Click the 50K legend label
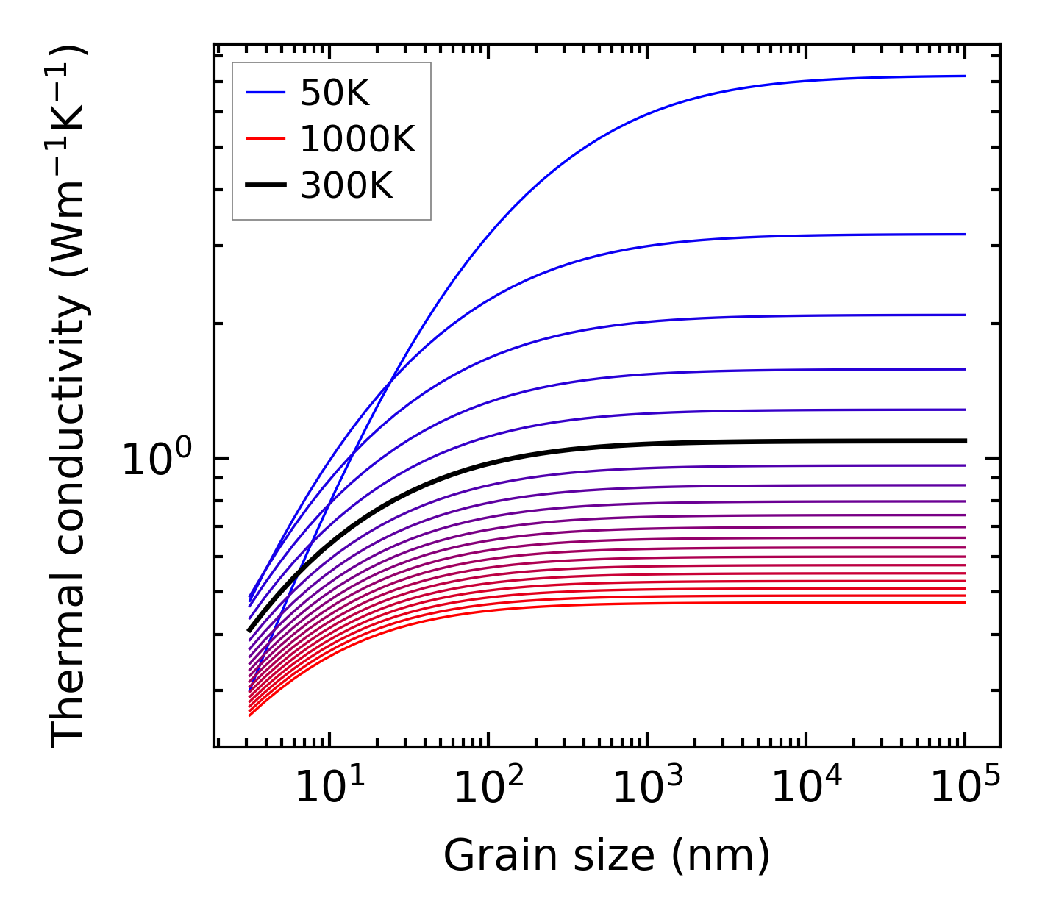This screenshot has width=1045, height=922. tap(335, 93)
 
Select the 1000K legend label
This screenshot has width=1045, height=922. tap(357, 139)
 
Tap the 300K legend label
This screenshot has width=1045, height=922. tap(346, 186)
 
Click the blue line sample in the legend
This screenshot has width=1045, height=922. tap(265, 93)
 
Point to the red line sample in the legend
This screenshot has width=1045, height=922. tap(265, 139)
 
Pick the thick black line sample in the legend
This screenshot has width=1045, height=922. tap(265, 186)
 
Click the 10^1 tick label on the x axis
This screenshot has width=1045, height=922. tap(329, 788)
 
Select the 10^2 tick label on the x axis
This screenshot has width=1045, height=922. tap(489, 788)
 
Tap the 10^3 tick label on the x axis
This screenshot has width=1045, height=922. tap(648, 788)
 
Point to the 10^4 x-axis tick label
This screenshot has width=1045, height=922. tap(807, 788)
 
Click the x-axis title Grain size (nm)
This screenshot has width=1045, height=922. tap(607, 856)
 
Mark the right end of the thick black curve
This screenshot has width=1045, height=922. tap(965, 441)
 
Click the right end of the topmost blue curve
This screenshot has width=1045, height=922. tap(965, 76)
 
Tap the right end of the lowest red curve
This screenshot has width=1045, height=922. tap(965, 603)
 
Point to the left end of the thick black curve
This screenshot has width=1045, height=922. tap(250, 630)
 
